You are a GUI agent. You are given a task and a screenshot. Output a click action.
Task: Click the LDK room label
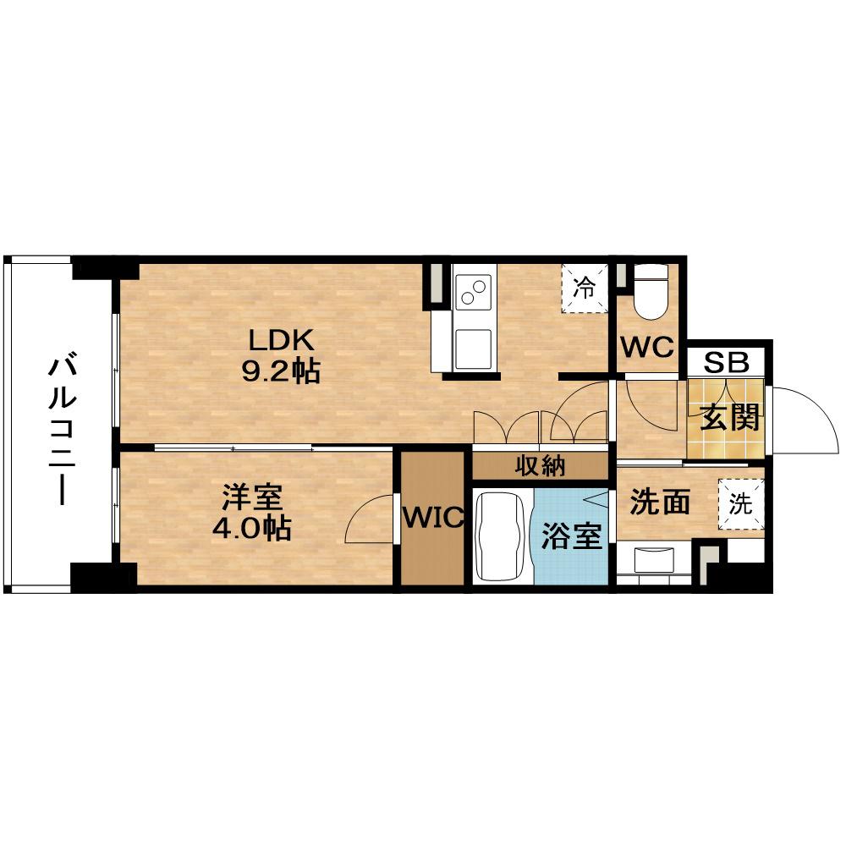[281, 340]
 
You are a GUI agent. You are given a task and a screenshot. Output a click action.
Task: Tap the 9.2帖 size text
[281, 371]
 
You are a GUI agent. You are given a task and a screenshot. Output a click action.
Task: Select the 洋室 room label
[252, 497]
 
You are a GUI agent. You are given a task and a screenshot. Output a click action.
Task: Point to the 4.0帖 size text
[252, 529]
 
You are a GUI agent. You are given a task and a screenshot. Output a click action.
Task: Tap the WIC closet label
[433, 518]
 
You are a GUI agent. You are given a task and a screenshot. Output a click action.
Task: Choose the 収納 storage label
[540, 465]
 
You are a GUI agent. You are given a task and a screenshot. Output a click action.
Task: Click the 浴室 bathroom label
[571, 536]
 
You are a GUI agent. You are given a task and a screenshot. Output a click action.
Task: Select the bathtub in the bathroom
[502, 536]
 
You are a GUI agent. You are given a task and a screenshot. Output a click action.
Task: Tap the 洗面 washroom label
[661, 502]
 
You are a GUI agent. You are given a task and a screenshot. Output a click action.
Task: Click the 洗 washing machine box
[741, 504]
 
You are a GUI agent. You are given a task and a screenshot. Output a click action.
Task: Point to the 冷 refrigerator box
[585, 288]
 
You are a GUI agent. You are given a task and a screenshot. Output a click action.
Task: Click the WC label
[647, 347]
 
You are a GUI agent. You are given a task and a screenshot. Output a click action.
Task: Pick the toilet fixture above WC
[651, 292]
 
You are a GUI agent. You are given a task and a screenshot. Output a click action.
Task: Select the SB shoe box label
[726, 363]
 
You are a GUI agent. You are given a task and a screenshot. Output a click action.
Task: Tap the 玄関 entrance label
[730, 416]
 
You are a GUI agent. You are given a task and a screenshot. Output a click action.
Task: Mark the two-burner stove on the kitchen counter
[473, 292]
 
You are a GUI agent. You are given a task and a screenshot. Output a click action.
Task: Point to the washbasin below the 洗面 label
[654, 561]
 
